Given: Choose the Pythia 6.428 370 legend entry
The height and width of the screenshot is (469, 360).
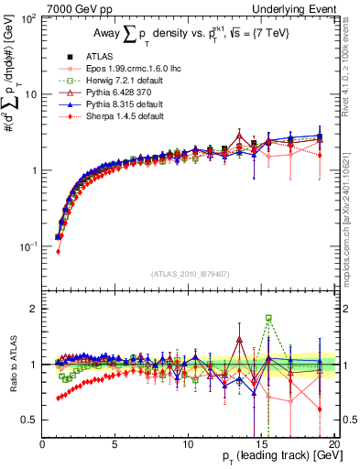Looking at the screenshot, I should pos(109,93).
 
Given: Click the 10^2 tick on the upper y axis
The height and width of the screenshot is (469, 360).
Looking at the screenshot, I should pos(27,18).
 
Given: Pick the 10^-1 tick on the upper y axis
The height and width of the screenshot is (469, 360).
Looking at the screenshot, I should pos(27,246).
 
